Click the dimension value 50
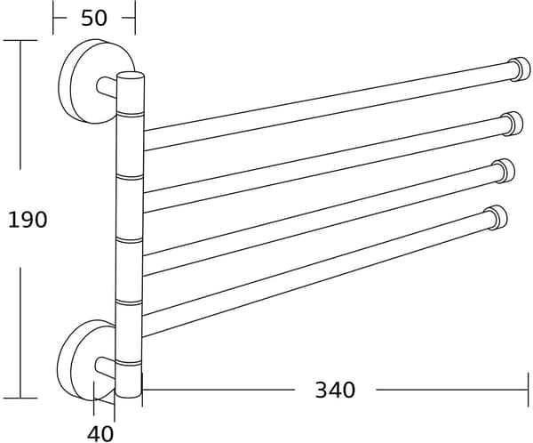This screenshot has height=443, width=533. [94, 18]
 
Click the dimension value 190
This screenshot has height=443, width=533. [28, 220]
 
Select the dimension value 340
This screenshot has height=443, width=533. [335, 391]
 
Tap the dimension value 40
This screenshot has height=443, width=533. [100, 434]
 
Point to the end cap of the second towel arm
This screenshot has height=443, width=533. [513, 124]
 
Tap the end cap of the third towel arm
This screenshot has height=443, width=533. [505, 171]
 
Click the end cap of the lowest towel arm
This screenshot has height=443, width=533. [497, 218]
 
